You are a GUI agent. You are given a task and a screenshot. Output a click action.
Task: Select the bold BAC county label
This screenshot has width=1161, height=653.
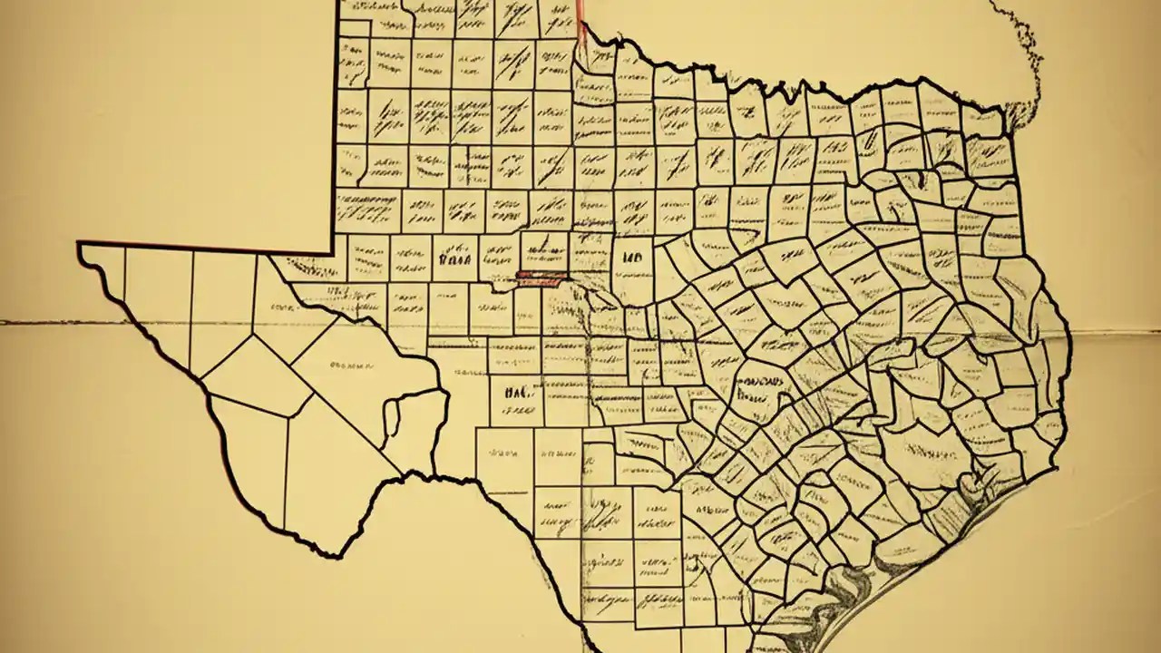(513, 394)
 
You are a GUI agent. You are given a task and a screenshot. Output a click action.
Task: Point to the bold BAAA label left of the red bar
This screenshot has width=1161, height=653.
(454, 258)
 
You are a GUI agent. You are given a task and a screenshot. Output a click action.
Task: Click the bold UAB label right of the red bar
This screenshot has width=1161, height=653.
(627, 258)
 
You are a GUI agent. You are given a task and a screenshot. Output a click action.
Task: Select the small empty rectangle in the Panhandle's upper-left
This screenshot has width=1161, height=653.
(354, 27)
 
